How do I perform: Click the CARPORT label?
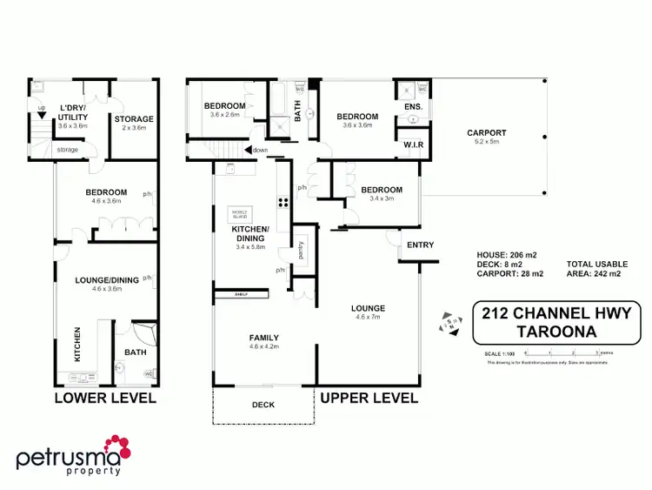(x=487, y=133)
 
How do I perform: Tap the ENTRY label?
(x=421, y=245)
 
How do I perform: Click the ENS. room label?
(x=413, y=107)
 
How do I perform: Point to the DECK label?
(x=263, y=405)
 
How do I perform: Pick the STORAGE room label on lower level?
(x=134, y=119)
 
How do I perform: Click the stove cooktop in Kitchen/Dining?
(x=283, y=203)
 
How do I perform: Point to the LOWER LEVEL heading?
(x=104, y=399)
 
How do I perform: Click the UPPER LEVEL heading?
(x=369, y=399)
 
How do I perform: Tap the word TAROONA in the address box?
(x=556, y=332)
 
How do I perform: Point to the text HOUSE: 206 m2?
(x=507, y=254)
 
